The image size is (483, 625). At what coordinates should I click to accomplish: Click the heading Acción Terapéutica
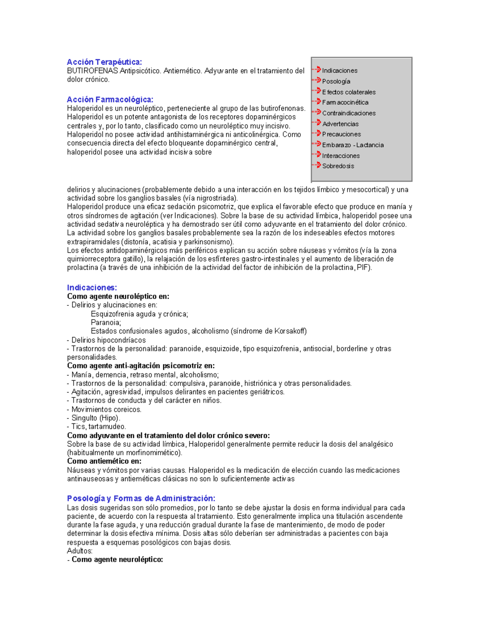[104, 62]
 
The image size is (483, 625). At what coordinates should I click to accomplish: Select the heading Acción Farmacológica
[110, 99]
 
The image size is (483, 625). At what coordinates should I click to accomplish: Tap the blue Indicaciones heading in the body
[92, 287]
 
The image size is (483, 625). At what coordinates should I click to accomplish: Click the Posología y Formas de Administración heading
[141, 498]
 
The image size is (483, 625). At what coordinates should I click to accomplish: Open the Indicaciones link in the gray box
[339, 70]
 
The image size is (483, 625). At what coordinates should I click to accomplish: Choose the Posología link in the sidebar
[336, 81]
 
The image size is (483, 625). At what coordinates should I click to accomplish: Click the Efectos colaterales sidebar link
[349, 92]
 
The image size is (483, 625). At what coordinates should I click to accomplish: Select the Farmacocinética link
[345, 103]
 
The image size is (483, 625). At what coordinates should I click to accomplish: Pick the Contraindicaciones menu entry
[349, 113]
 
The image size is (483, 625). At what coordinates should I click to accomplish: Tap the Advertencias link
[340, 124]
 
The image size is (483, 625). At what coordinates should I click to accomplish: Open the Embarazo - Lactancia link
[353, 145]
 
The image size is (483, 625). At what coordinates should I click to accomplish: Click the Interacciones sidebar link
[341, 156]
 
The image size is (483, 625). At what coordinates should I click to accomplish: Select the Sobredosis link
[338, 166]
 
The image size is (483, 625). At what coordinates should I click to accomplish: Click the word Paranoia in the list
[105, 322]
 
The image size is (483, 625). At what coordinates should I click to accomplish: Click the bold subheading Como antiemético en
[104, 461]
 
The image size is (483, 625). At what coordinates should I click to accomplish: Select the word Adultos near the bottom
[80, 551]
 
